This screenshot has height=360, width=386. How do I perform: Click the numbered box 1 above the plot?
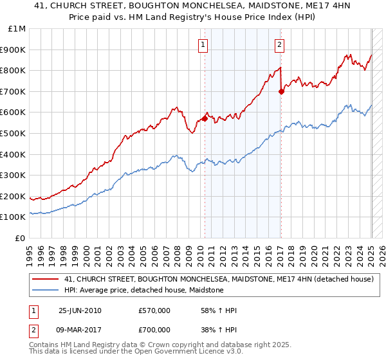203,45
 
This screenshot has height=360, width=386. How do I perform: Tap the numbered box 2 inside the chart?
280,45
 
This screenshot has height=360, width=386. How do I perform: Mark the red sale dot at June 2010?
205,118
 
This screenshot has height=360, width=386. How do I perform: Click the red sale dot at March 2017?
281,91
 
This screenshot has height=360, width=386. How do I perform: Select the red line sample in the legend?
46,279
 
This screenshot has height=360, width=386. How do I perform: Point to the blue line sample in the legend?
46,290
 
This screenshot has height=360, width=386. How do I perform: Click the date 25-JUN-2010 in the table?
80,310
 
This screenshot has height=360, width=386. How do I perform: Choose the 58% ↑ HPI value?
219,310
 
